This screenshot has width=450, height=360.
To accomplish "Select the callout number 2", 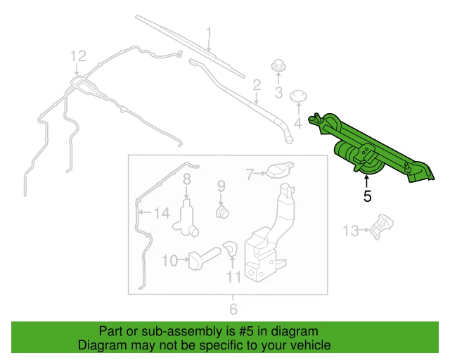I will point(257,85).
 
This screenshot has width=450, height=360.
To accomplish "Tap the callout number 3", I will point(278,93).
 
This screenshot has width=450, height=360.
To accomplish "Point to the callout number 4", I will point(297,124).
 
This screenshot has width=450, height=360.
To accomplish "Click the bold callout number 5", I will point(367,196).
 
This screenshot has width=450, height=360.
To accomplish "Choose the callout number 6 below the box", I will point(233,309).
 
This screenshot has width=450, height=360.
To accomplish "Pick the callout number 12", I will point(77,56).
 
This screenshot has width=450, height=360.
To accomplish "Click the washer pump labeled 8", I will point(188,214).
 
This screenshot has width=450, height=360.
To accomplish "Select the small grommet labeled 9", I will point(222,210).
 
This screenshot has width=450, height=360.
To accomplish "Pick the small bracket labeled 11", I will point(230,248).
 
